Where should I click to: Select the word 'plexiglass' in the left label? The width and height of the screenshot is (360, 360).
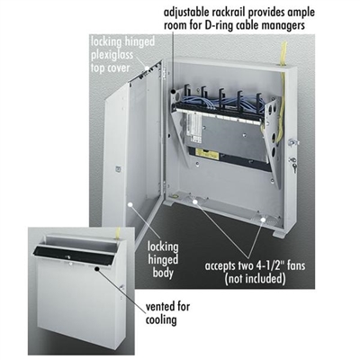click(x=112, y=55)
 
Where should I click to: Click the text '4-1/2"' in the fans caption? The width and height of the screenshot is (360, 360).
click(x=266, y=265)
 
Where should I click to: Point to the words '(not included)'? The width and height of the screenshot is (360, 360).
click(x=256, y=279)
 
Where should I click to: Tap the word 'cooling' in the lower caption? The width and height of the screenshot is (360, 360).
click(x=161, y=319)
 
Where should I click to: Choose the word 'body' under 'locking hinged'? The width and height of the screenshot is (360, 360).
click(x=163, y=273)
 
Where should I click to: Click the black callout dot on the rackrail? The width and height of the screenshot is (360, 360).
click(x=174, y=91)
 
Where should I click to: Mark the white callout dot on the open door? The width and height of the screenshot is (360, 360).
click(x=130, y=204)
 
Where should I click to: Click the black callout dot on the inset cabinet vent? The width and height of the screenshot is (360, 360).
click(x=97, y=268)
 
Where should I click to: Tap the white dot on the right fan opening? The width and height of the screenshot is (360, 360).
click(x=263, y=220)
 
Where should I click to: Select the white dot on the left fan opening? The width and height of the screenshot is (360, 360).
click(x=194, y=202)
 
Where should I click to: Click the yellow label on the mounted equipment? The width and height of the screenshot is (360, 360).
click(x=207, y=154)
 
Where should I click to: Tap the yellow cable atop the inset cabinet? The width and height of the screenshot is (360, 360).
click(x=118, y=233)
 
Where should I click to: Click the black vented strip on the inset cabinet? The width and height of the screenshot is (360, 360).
click(x=74, y=254)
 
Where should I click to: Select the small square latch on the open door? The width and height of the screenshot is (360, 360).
click(x=117, y=169)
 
